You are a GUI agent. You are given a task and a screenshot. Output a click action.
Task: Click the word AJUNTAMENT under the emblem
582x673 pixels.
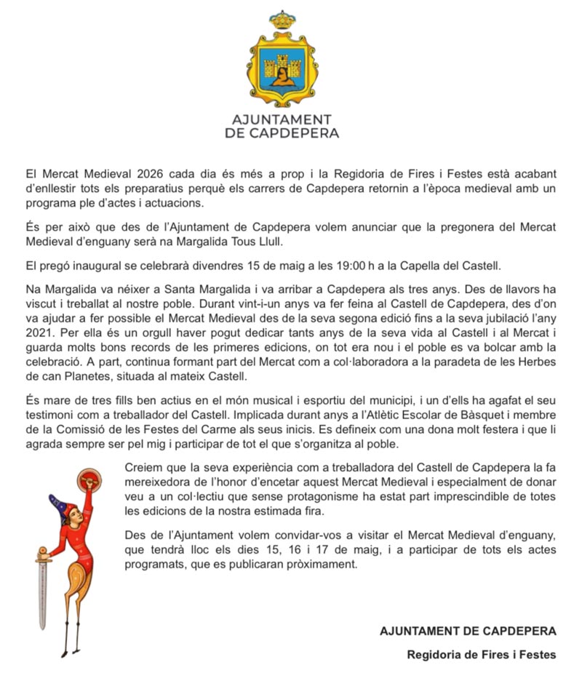coord(281,119)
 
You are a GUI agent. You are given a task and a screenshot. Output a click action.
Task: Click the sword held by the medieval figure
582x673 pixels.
coord(41,589)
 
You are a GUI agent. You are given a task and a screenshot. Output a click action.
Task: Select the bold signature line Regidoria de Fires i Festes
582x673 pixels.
coord(481,654)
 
